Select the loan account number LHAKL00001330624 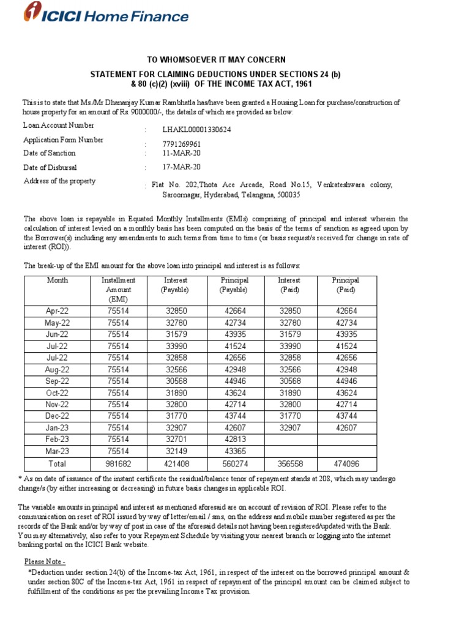(196, 130)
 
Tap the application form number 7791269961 (181, 144)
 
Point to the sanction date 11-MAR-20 (181, 153)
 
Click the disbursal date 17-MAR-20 (181, 167)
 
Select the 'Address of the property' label (59, 181)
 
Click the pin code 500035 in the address (288, 195)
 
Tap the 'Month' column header (57, 281)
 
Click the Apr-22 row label (57, 311)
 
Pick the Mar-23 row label (57, 451)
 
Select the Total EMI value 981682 (118, 464)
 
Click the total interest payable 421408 (176, 464)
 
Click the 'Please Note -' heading (45, 561)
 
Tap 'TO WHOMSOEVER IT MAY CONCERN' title (216, 59)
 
